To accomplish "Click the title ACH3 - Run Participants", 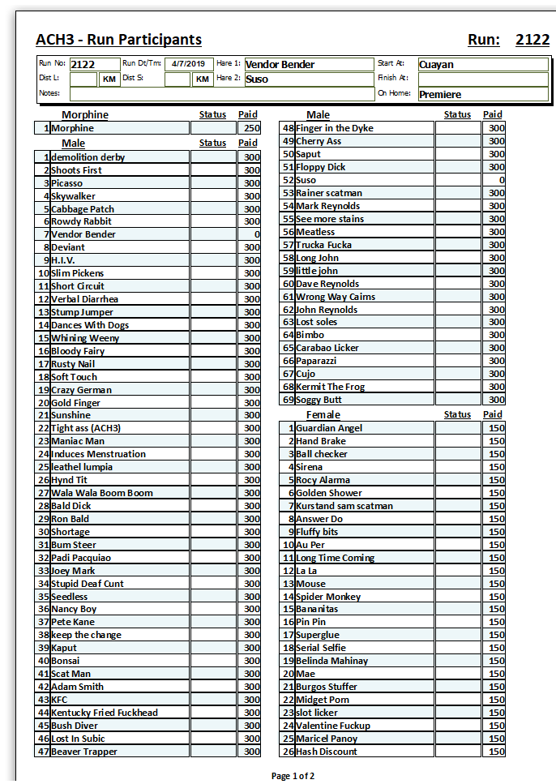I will tap(118, 40).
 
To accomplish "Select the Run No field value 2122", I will tap(83, 65).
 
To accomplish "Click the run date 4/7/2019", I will tap(187, 64).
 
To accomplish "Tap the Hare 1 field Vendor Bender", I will tap(280, 65).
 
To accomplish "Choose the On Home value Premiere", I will tap(440, 94).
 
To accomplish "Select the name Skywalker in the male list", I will tap(73, 196).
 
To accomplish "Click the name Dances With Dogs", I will tap(90, 325).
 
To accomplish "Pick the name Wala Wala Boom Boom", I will tap(102, 493).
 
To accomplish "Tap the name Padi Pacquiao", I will tap(81, 558).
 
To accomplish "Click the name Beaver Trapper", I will tap(84, 752).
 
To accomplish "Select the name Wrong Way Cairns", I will tap(336, 297).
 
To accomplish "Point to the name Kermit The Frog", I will tap(330, 387).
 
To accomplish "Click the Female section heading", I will tap(323, 415).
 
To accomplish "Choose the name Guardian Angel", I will tap(329, 428).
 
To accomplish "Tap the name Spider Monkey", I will tap(328, 597).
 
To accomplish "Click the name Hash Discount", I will tap(327, 752).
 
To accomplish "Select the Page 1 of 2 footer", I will tap(293, 776).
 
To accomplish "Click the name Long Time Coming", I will tap(335, 558).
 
